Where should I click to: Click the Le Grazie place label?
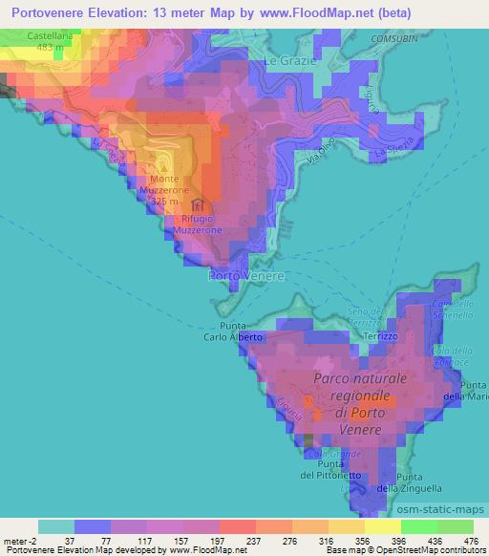click(x=284, y=60)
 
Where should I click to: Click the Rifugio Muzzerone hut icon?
click(x=198, y=204)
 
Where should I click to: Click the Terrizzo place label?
click(x=379, y=337)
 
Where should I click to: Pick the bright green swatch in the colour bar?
click(x=418, y=526)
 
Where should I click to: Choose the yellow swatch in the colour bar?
click(x=382, y=526)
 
